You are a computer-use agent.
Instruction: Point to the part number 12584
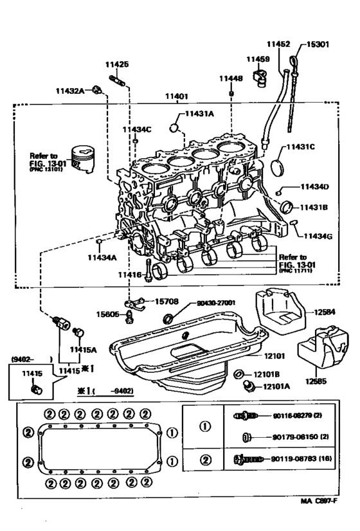pos(325,312)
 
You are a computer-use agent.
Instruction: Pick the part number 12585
pos(315,381)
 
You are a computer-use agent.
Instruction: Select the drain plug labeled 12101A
pos(249,386)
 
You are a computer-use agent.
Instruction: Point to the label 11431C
pos(300,147)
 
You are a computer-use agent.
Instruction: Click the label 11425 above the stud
pos(117,64)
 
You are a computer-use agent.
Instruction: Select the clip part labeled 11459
pos(260,76)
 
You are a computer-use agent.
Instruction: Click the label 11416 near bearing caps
pos(129,274)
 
